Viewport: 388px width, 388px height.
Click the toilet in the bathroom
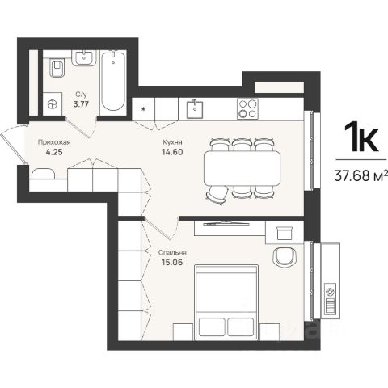pos(57,67)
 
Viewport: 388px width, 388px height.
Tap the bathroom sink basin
pos(84,57)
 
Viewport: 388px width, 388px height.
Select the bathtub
pos(113,81)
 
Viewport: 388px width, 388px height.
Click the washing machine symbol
pos(53,104)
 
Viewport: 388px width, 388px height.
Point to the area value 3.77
pos(81,104)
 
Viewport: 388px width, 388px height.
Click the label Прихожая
pos(54,142)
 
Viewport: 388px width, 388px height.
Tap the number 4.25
pos(54,152)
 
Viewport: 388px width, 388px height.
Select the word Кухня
pos(172,142)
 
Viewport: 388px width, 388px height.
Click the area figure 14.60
pos(172,152)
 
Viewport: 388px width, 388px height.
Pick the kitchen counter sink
pos(195,109)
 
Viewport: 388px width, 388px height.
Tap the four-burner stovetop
pos(247,109)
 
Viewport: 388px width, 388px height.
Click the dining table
pos(242,168)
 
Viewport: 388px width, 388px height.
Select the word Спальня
pos(172,253)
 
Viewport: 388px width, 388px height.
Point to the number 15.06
pos(172,262)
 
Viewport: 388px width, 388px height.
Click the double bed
pos(226,302)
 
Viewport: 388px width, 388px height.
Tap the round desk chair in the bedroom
pos(285,256)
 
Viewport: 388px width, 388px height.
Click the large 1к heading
pos(361,137)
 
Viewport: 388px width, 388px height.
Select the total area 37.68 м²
pos(361,175)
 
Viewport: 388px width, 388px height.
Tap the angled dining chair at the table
pos(217,195)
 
